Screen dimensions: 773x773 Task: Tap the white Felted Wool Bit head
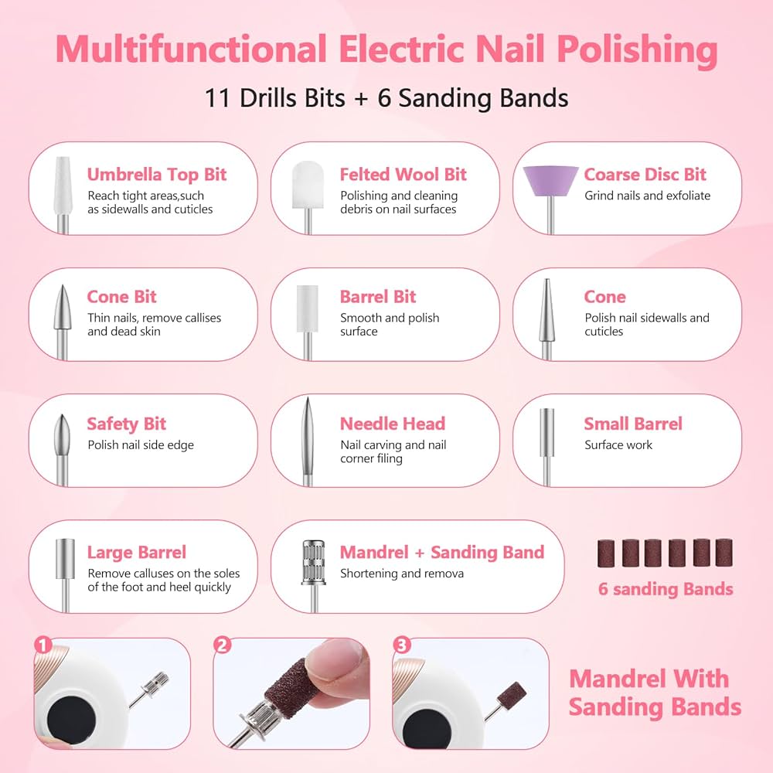click(x=308, y=185)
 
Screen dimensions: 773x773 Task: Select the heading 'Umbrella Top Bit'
click(x=157, y=175)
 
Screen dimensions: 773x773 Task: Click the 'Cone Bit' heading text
click(x=122, y=296)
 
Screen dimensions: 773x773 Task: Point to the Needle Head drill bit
click(x=308, y=441)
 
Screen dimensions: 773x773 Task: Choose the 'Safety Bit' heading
click(x=126, y=424)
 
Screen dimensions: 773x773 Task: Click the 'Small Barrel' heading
click(x=633, y=424)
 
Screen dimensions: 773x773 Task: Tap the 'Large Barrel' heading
click(x=137, y=552)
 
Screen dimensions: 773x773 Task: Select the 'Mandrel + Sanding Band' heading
click(x=442, y=552)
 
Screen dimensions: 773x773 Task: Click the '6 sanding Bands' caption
click(x=666, y=589)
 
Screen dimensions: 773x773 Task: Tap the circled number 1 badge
click(x=43, y=645)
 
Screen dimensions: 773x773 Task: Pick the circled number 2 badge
click(x=223, y=645)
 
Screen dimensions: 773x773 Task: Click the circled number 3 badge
click(x=401, y=645)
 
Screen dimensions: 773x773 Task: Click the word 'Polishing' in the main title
click(x=637, y=50)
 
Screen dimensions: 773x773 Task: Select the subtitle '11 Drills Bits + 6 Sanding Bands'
click(x=386, y=97)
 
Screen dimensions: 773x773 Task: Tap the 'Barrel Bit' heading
click(x=378, y=296)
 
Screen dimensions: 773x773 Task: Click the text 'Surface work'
click(x=618, y=444)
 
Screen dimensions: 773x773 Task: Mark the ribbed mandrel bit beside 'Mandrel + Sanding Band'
click(x=314, y=576)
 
